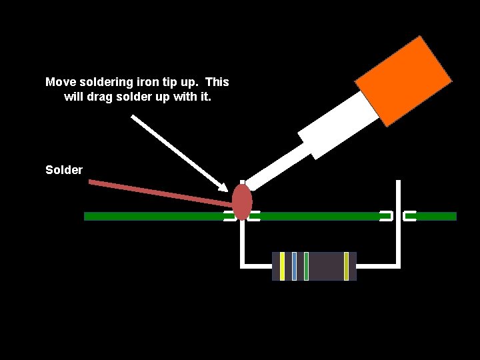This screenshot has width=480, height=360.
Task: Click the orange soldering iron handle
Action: tap(403, 81)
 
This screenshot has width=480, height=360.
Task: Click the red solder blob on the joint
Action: tap(242, 201)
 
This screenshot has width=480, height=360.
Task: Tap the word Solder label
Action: tap(64, 170)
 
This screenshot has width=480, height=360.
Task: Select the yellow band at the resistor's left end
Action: tap(283, 266)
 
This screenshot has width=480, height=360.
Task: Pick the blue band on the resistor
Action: tap(294, 266)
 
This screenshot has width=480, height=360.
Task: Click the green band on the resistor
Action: tap(306, 266)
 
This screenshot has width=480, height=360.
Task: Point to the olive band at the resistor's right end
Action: tap(346, 266)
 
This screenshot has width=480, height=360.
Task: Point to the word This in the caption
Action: tap(217, 82)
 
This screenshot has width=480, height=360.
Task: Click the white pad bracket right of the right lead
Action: tap(409, 216)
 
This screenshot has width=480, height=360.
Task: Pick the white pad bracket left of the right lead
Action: tap(387, 216)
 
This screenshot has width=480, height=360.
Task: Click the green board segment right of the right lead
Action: tap(436, 216)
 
